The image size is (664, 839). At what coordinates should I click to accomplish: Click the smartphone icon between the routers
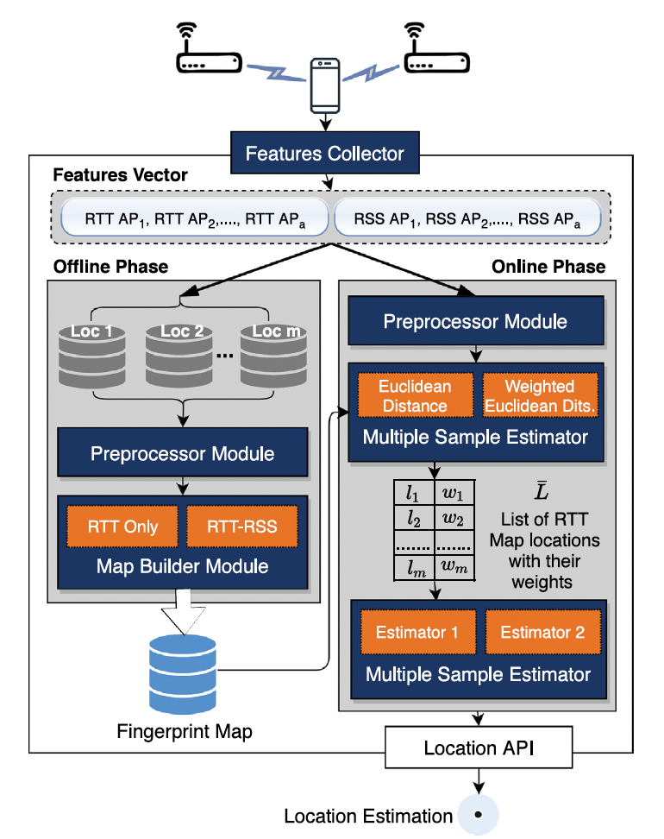tap(324, 85)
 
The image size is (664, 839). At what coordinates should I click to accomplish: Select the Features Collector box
tap(324, 154)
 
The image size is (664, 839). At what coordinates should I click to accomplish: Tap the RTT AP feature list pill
tap(196, 217)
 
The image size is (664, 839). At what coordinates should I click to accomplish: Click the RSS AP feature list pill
tap(467, 217)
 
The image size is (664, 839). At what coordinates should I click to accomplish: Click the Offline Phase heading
tap(110, 266)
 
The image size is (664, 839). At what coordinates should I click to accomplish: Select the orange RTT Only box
tap(122, 527)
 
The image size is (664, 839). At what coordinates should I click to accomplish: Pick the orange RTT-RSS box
tap(243, 527)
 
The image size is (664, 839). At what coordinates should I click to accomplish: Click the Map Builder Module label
tap(183, 567)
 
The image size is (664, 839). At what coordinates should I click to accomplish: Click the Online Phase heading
tap(548, 266)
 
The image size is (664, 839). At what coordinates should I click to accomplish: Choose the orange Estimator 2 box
tap(542, 632)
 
